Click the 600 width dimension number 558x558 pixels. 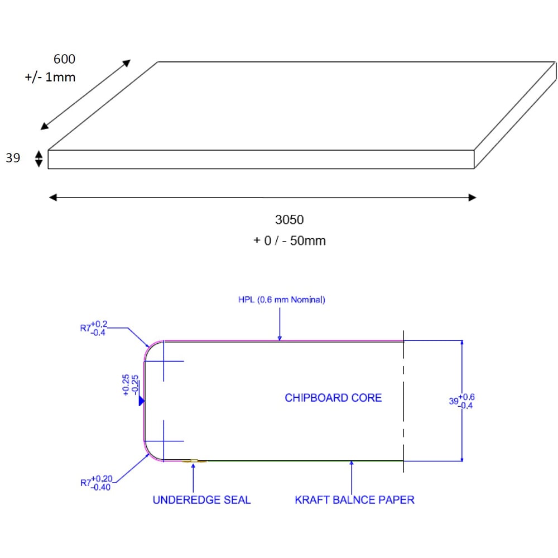click(64, 59)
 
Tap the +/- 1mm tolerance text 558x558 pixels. click(50, 78)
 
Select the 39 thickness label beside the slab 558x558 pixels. click(13, 158)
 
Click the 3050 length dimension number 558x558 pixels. click(289, 220)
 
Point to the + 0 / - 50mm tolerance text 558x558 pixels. click(289, 241)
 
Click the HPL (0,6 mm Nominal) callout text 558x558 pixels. click(281, 300)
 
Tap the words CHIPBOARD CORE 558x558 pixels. click(333, 398)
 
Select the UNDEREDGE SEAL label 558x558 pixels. click(201, 499)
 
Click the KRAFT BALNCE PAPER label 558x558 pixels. click(354, 499)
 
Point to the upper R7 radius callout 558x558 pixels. click(93, 328)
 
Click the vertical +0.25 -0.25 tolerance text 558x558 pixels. click(130, 385)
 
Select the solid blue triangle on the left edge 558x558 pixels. click(142, 401)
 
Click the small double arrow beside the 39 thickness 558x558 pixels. click(39, 159)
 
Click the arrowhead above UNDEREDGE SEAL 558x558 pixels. click(193, 465)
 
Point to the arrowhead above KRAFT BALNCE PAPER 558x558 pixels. click(351, 464)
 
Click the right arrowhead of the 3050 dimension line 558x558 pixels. click(472, 197)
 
